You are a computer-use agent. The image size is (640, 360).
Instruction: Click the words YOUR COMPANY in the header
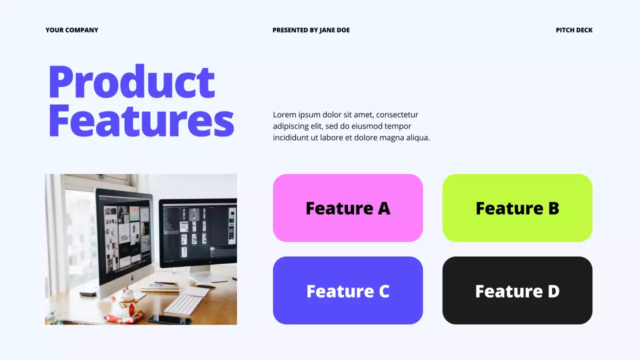click(72, 30)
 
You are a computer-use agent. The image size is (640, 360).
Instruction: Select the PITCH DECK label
click(574, 30)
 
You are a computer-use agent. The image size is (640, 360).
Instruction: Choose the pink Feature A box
click(347, 208)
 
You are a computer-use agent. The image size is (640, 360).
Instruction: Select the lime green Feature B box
click(517, 208)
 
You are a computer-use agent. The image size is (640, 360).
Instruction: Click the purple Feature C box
click(347, 290)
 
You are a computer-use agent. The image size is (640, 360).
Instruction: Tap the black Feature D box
click(517, 290)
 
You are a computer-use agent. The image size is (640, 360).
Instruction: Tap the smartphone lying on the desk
click(169, 319)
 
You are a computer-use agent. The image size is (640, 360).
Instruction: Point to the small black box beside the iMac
click(88, 294)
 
